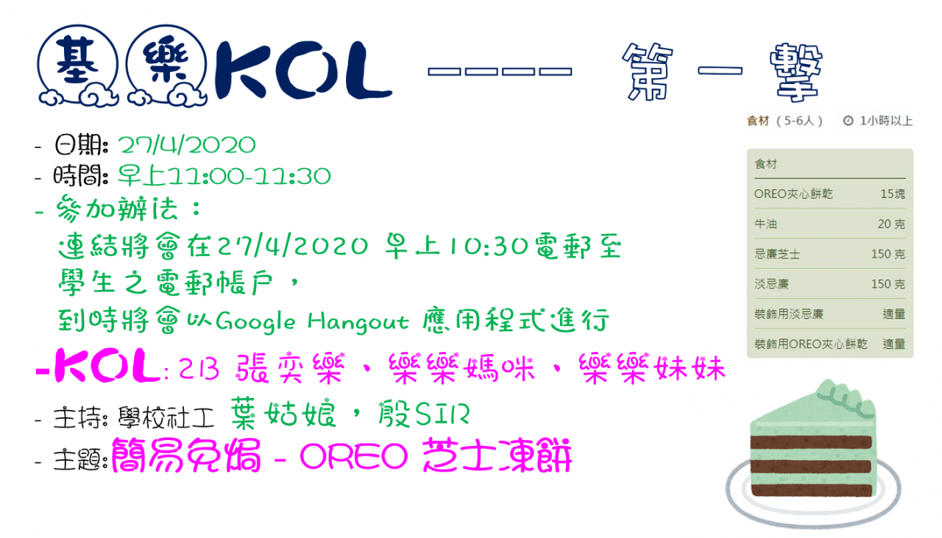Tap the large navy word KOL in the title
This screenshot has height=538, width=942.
click(303, 70)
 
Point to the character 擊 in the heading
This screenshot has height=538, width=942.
click(796, 72)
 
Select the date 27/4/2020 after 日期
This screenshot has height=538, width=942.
click(187, 146)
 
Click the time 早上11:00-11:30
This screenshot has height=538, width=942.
click(224, 176)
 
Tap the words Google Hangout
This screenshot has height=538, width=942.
click(312, 322)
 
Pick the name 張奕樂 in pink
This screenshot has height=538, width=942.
click(291, 369)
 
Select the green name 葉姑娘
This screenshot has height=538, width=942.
click(283, 414)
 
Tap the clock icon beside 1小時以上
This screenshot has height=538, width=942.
click(849, 121)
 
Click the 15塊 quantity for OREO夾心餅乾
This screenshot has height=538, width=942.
click(893, 194)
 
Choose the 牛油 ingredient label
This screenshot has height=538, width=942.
click(766, 224)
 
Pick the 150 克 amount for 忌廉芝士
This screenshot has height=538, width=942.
click(888, 254)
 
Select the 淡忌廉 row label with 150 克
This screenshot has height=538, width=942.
click(772, 284)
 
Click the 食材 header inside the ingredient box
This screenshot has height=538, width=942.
click(766, 164)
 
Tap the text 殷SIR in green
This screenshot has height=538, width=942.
click(423, 414)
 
